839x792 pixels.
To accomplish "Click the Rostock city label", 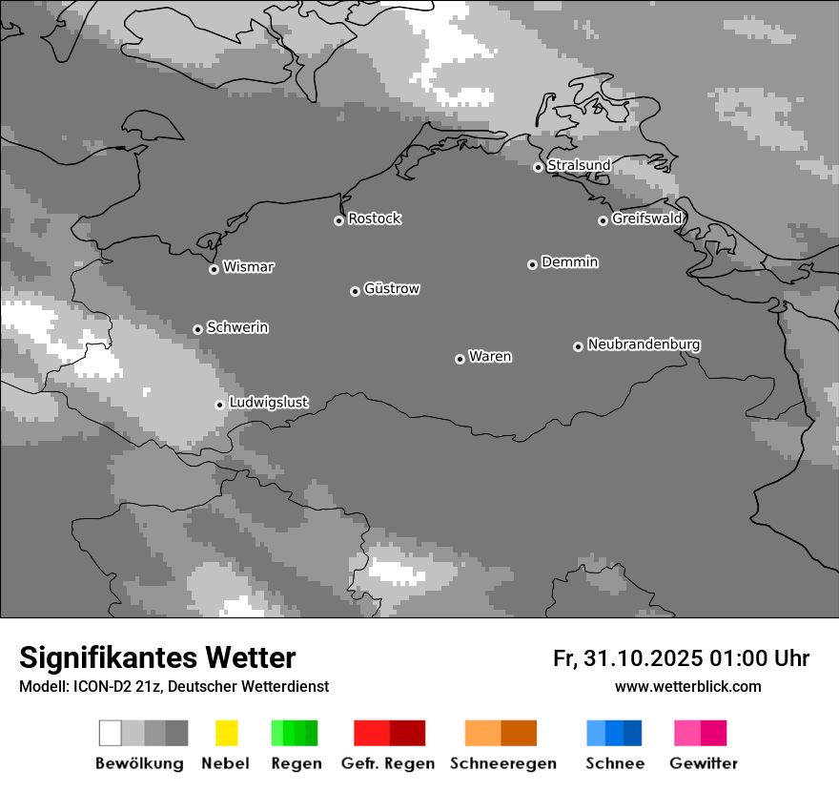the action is pyautogui.click(x=374, y=219).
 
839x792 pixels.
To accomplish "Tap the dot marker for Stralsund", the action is pyautogui.click(x=538, y=167).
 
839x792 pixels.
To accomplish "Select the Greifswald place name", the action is pyautogui.click(x=646, y=219).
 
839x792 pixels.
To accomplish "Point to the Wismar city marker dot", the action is pyautogui.click(x=214, y=269).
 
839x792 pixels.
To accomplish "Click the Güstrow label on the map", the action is pyautogui.click(x=391, y=288).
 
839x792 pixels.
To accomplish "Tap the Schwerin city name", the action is pyautogui.click(x=237, y=327).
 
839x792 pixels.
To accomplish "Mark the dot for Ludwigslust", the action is pyautogui.click(x=219, y=405).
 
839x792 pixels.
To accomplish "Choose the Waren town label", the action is pyautogui.click(x=490, y=357).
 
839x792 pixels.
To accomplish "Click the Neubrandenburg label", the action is pyautogui.click(x=644, y=344).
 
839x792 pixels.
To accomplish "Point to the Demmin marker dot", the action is pyautogui.click(x=532, y=264).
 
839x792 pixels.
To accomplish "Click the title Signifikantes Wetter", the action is pyautogui.click(x=157, y=657).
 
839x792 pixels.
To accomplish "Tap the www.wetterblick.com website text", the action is pyautogui.click(x=687, y=686).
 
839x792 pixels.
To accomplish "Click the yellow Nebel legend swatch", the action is pyautogui.click(x=226, y=733).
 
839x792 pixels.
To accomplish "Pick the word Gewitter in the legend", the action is pyautogui.click(x=704, y=763).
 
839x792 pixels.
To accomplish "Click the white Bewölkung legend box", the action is pyautogui.click(x=111, y=733).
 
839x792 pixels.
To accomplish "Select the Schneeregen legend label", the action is pyautogui.click(x=502, y=763).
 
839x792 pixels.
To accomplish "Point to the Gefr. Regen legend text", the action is pyautogui.click(x=387, y=763).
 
